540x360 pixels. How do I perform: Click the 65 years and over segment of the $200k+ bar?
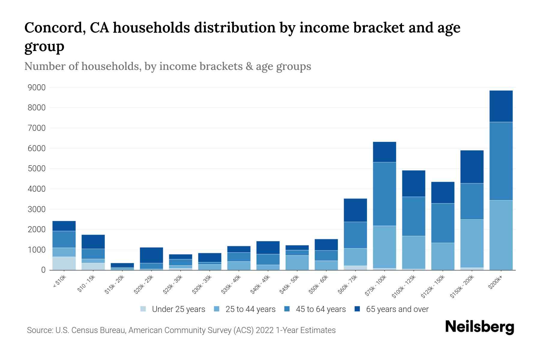pyautogui.click(x=501, y=106)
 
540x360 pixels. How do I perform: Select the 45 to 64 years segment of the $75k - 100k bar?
pyautogui.click(x=384, y=194)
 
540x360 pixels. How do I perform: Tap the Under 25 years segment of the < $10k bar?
pyautogui.click(x=64, y=263)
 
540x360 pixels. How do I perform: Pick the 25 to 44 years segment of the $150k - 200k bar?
pyautogui.click(x=472, y=243)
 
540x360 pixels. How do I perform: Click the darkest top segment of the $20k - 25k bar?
pyautogui.click(x=151, y=255)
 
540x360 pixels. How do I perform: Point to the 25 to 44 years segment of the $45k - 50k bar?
pyautogui.click(x=297, y=262)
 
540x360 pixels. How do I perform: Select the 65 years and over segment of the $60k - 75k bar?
pyautogui.click(x=355, y=210)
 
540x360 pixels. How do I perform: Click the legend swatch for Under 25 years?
pyautogui.click(x=143, y=309)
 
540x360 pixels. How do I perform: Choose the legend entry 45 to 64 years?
pyautogui.click(x=320, y=309)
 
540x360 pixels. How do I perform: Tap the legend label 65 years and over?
pyautogui.click(x=397, y=309)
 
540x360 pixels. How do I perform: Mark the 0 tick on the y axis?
pyautogui.click(x=43, y=270)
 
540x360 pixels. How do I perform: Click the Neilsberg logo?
pyautogui.click(x=479, y=327)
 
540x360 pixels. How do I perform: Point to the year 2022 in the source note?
pyautogui.click(x=265, y=330)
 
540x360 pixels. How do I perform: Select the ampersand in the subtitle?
pyautogui.click(x=249, y=66)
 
